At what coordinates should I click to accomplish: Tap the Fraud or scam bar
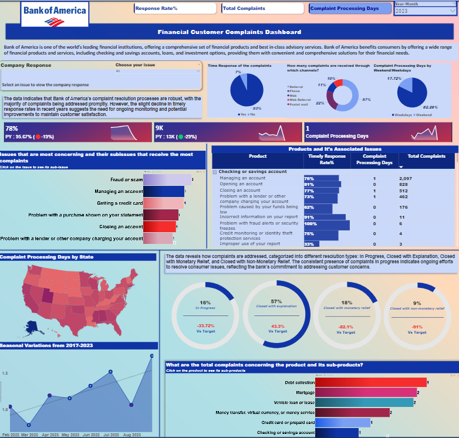[x=167, y=179]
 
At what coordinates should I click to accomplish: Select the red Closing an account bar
[x=159, y=226]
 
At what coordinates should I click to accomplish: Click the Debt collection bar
[x=370, y=382]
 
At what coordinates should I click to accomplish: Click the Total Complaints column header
[x=427, y=157]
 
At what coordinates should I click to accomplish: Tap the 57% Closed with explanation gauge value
[x=276, y=301]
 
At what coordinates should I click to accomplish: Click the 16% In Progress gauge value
[x=205, y=302]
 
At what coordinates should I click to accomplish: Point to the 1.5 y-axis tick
[x=5, y=373]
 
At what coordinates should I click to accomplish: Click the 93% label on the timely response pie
[x=256, y=109]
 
